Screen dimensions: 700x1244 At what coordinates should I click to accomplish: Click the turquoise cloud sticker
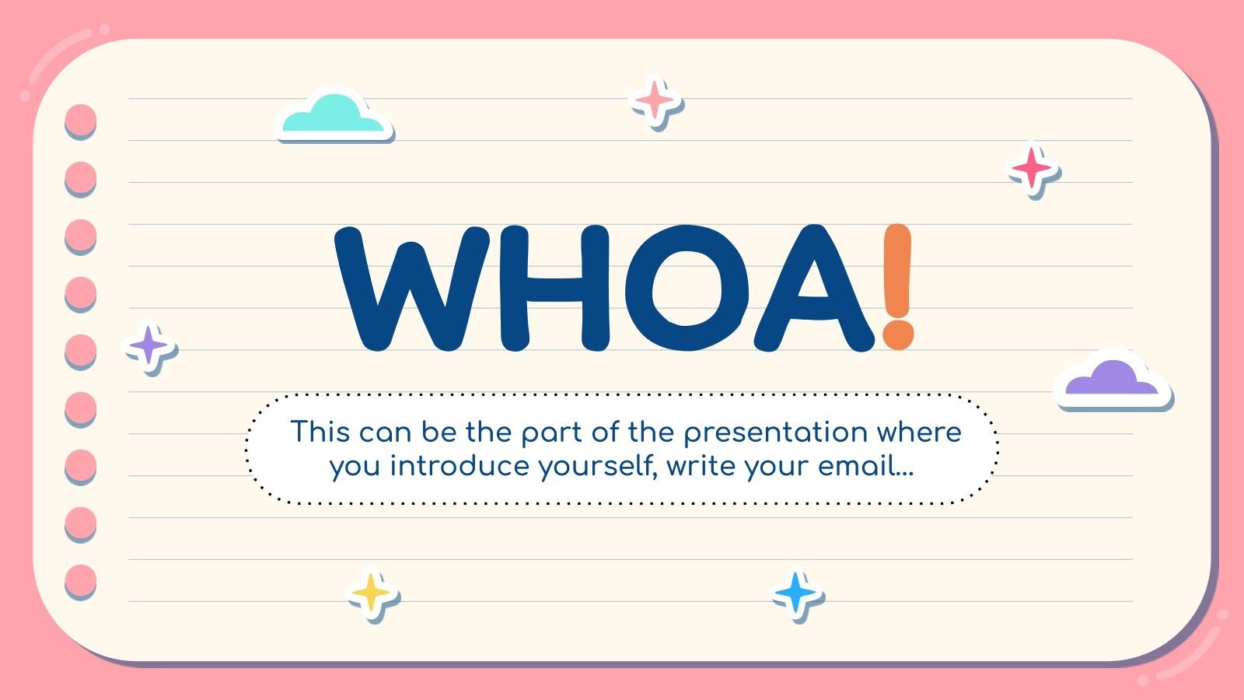click(333, 115)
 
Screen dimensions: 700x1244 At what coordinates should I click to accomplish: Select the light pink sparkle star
click(655, 100)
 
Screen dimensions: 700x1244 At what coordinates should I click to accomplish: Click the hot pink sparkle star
click(1033, 168)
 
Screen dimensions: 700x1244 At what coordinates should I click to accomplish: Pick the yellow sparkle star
click(371, 593)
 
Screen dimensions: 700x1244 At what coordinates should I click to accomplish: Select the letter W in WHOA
click(412, 288)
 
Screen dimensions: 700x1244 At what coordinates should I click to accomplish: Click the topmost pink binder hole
click(79, 120)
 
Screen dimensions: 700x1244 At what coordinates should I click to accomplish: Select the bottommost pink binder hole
click(79, 580)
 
